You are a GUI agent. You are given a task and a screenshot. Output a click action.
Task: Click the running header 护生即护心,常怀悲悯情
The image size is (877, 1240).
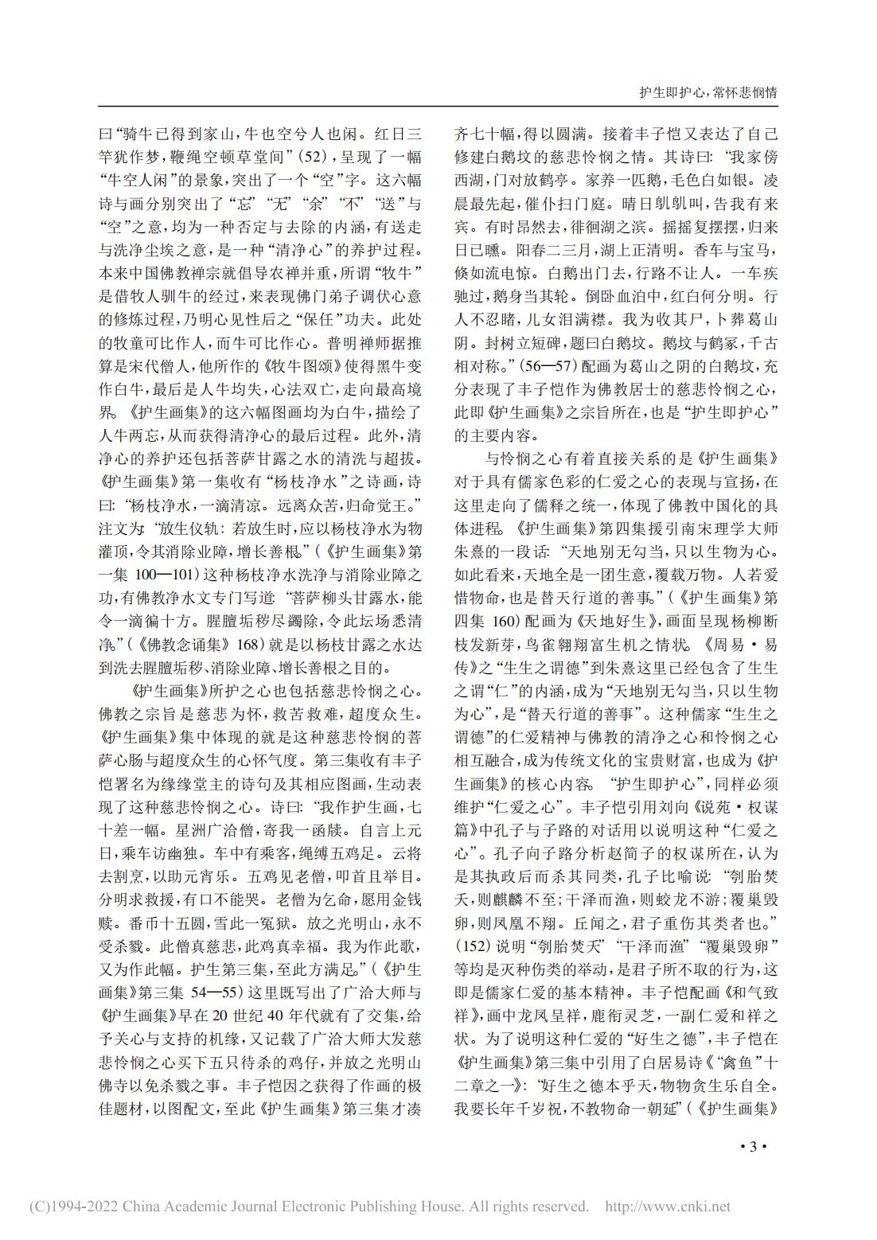pyautogui.click(x=708, y=92)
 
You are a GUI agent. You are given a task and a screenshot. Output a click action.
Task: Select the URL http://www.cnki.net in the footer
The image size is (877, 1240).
pyautogui.click(x=668, y=1207)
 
